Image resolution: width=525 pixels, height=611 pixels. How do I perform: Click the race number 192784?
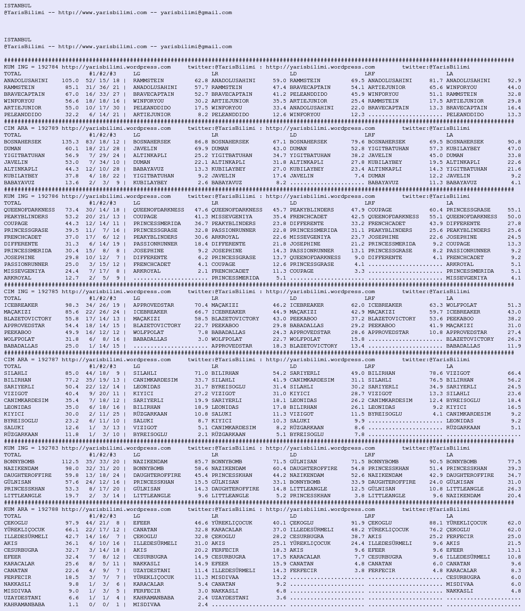pyautogui.click(x=48, y=67)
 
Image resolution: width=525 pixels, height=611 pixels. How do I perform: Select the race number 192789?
pyautogui.click(x=48, y=128)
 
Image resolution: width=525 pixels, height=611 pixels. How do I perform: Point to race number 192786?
pyautogui.click(x=48, y=196)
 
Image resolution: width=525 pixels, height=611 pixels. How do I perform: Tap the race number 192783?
pyautogui.click(x=48, y=448)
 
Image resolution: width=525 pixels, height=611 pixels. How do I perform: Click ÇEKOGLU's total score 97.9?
pyautogui.click(x=72, y=523)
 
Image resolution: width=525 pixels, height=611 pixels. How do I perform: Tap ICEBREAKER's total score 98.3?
pyautogui.click(x=72, y=305)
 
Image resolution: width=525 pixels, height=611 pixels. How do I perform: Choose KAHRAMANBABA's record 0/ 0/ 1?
pyautogui.click(x=104, y=605)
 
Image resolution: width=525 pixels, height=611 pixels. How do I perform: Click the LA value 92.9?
pyautogui.click(x=514, y=81)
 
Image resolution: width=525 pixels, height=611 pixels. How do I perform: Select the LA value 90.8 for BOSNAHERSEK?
pyautogui.click(x=514, y=142)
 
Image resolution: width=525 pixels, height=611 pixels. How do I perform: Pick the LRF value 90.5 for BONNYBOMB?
pyautogui.click(x=436, y=462)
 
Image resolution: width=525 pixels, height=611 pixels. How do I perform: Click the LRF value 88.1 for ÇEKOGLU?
pyautogui.click(x=436, y=523)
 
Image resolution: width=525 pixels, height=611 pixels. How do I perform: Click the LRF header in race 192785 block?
pyautogui.click(x=369, y=298)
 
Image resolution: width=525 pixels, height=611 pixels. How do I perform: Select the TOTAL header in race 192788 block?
pyautogui.click(x=13, y=516)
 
